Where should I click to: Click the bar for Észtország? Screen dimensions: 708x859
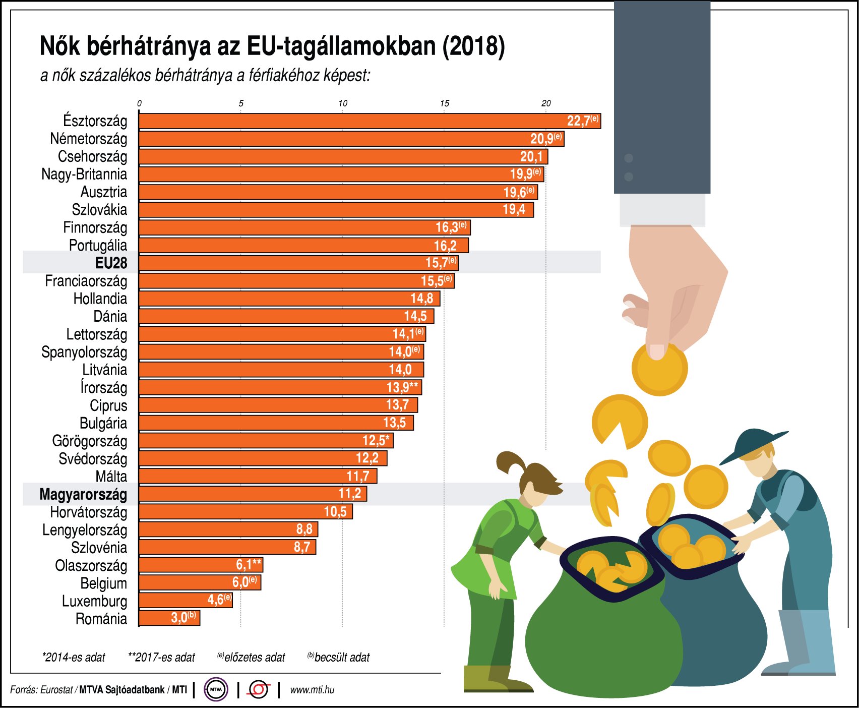353,121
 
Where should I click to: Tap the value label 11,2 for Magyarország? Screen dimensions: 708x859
350,494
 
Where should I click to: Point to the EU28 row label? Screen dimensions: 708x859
111,263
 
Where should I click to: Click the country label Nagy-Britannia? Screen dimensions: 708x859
84,174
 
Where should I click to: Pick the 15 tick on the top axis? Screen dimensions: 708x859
444,103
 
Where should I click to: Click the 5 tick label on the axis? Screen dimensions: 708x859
241,103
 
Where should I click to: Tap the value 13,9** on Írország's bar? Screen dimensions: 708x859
402,387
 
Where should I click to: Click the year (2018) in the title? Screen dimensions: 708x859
474,46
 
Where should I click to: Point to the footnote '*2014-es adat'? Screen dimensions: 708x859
74,658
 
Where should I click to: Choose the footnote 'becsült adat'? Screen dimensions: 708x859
341,658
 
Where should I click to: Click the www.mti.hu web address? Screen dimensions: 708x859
312,690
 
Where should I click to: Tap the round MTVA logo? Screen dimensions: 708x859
216,690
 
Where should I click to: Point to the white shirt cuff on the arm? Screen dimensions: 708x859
662,210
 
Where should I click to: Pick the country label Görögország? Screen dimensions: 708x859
90,441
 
